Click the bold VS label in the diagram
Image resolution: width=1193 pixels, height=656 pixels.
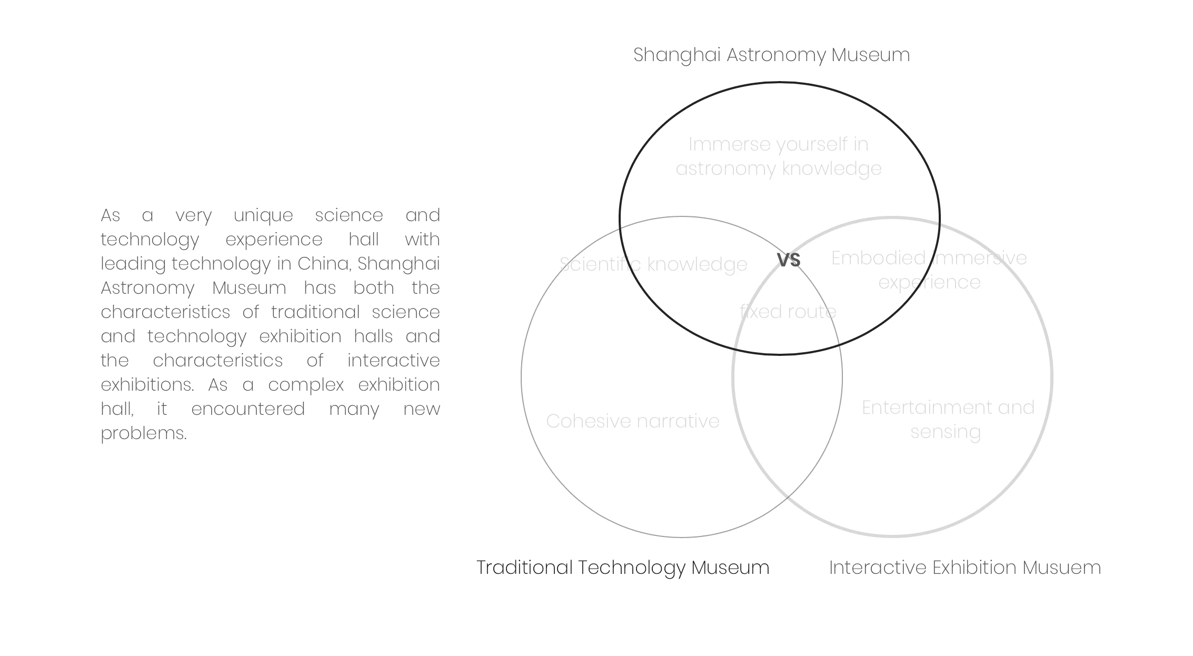click(788, 260)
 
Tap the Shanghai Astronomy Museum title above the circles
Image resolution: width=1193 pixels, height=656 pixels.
click(771, 55)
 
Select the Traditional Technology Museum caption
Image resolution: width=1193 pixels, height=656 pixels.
click(623, 568)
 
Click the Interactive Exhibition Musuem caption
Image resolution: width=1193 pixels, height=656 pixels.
click(965, 568)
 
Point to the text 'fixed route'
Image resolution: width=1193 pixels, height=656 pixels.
click(788, 312)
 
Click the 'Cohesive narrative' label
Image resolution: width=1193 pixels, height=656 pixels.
click(632, 421)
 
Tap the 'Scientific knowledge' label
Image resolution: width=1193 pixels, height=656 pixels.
click(653, 264)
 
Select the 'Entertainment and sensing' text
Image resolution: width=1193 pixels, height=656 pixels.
click(948, 420)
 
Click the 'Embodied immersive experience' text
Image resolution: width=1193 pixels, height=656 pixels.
click(929, 270)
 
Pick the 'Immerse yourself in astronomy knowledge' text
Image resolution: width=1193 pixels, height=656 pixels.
click(778, 156)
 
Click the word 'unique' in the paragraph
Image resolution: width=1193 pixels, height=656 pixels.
click(263, 215)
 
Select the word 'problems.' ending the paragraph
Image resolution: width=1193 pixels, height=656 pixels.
click(144, 433)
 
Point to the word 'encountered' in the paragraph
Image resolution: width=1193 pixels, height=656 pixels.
click(248, 409)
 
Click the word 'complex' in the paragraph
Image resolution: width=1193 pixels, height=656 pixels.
click(305, 385)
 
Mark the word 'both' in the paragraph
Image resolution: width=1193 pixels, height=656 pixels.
click(373, 288)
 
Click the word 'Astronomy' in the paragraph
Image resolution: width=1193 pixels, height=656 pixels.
click(147, 288)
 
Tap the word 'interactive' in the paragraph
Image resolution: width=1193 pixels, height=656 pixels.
click(393, 361)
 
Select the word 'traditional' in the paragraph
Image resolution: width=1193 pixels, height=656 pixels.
click(315, 312)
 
